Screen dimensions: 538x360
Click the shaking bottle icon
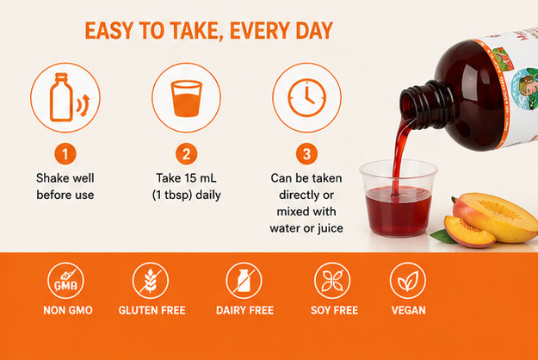pos(65,97)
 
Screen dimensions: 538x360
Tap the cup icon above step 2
pos(186,97)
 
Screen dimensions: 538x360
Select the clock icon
pos(306,97)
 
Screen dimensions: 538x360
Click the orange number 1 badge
pos(65,154)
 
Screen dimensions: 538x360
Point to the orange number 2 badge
pos(186,154)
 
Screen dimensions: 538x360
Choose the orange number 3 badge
pos(306,154)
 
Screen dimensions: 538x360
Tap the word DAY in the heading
pos(314,31)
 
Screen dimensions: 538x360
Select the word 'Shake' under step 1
pos(51,178)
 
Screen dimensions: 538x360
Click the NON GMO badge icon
pos(65,281)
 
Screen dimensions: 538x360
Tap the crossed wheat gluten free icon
pos(151,281)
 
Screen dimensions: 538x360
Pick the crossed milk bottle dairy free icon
pos(244,281)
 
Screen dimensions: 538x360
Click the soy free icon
pos(332,281)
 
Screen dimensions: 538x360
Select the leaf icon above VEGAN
pos(408,281)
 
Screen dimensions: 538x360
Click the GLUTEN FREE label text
pos(152,310)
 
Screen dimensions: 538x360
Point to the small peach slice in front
pos(468,231)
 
